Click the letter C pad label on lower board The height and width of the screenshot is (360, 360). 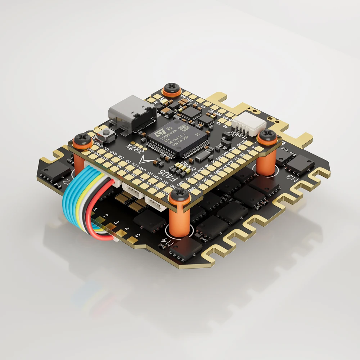pos(138,236)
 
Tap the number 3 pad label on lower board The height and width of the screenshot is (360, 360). pos(116,223)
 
